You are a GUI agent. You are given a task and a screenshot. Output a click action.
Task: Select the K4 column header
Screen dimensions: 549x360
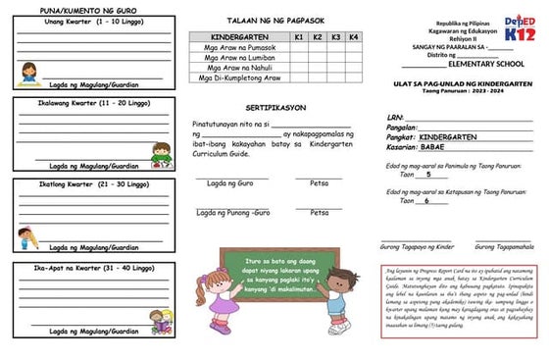[x=353, y=35]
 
